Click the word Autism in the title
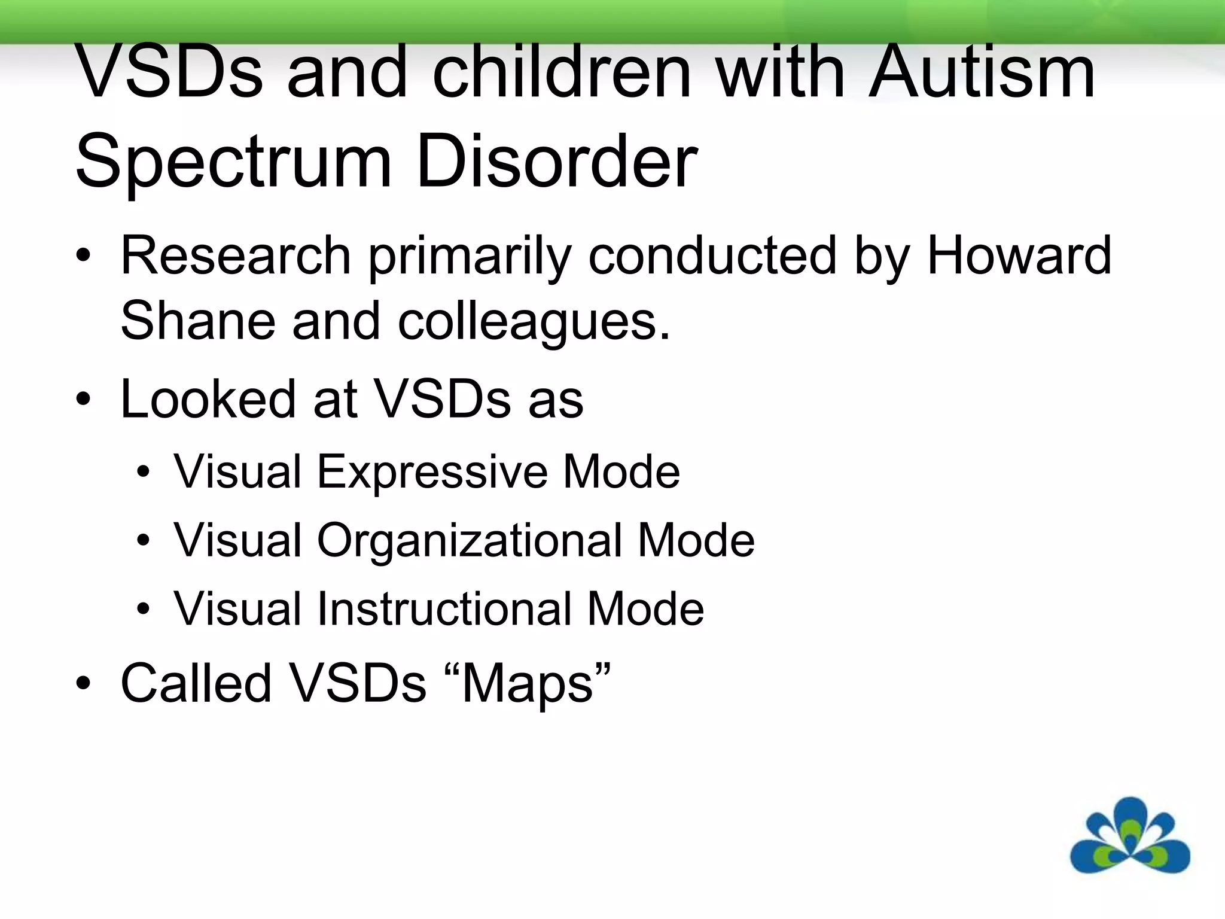[981, 73]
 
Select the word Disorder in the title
[556, 160]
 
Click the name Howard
[1019, 255]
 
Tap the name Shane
[197, 321]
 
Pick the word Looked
[208, 398]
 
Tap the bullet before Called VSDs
[84, 684]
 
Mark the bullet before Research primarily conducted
[84, 256]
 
